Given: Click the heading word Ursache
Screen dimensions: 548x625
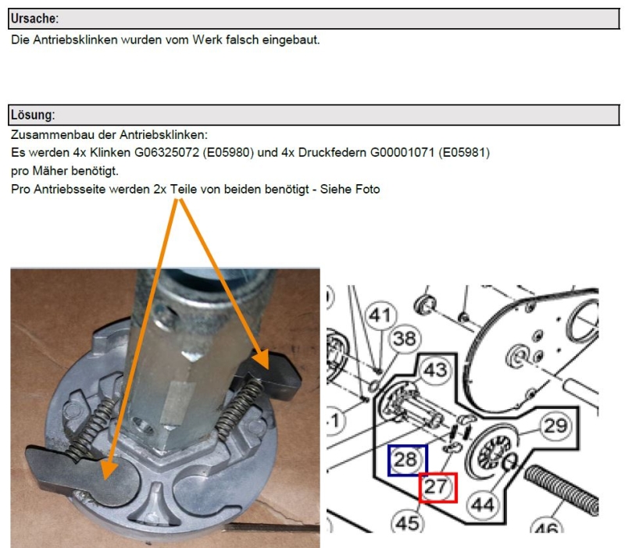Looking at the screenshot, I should (34, 18).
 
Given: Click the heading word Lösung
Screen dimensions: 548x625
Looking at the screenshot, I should (32, 116).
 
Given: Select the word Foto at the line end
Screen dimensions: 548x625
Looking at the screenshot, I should (365, 189).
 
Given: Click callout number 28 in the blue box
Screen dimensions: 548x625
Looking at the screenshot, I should (406, 460).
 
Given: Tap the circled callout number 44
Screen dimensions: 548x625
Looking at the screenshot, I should (484, 505).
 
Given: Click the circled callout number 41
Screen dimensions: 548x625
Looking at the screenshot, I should (380, 316).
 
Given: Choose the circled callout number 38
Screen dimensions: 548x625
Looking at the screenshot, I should (404, 339).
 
